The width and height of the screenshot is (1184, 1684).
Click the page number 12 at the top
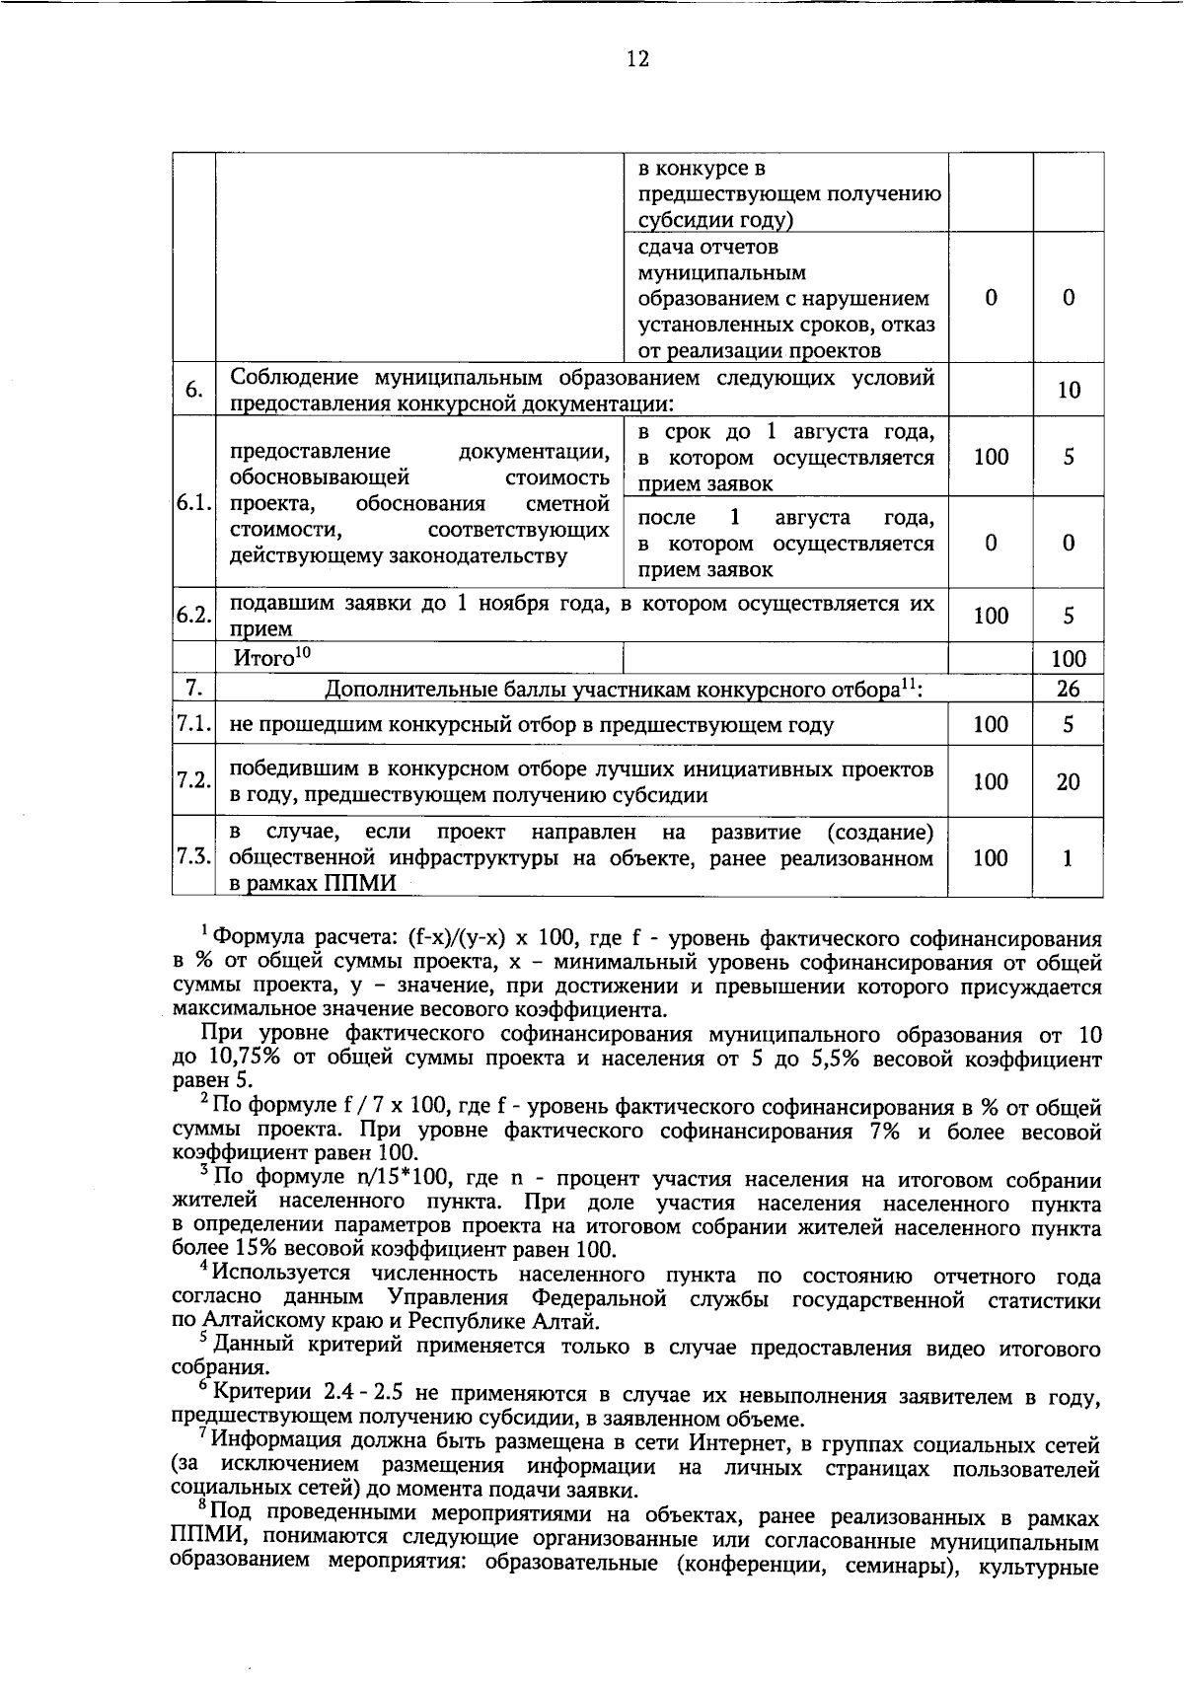coord(637,60)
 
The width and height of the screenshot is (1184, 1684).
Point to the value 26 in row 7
coord(1068,689)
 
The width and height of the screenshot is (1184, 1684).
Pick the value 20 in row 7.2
coord(1068,782)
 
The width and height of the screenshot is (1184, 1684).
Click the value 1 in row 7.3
coord(1068,858)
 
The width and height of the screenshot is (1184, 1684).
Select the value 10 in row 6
coord(1068,391)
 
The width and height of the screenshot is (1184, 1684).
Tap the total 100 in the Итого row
coord(1068,658)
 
